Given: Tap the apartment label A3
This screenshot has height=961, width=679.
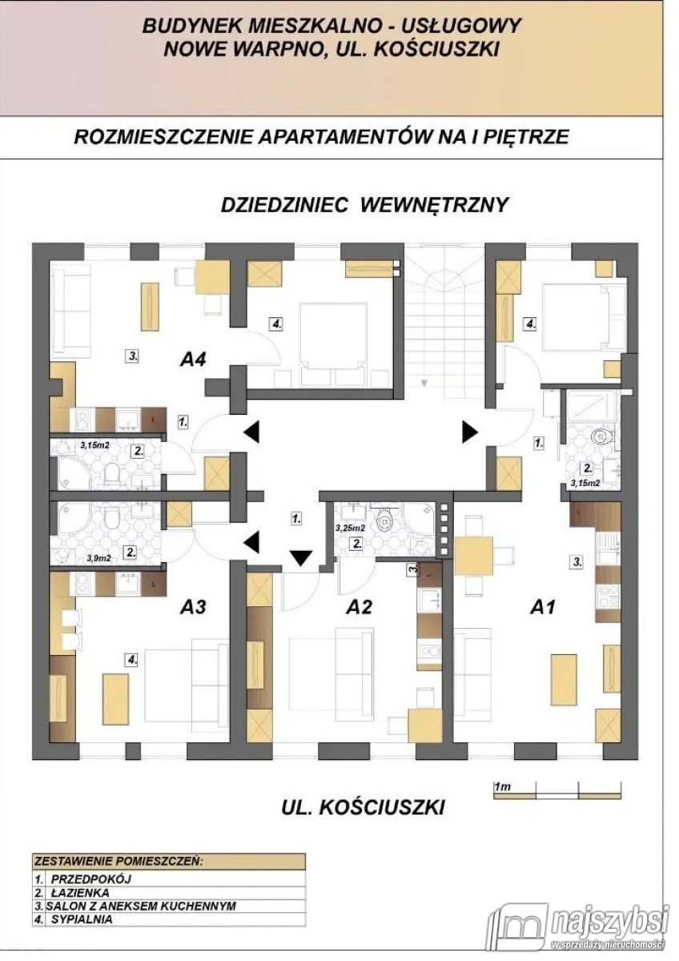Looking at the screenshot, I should coord(194,607).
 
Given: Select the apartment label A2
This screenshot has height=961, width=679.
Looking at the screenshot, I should coord(360,607).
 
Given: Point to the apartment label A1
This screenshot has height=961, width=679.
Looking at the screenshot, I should coord(543,607).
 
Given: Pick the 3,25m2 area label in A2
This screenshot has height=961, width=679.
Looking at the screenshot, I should coord(350,528).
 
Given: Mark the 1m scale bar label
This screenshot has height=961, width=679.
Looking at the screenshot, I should coord(503,788).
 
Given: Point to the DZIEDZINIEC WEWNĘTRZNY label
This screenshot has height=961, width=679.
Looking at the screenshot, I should coord(364,205).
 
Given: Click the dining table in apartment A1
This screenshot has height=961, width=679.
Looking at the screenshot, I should coord(474,553).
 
